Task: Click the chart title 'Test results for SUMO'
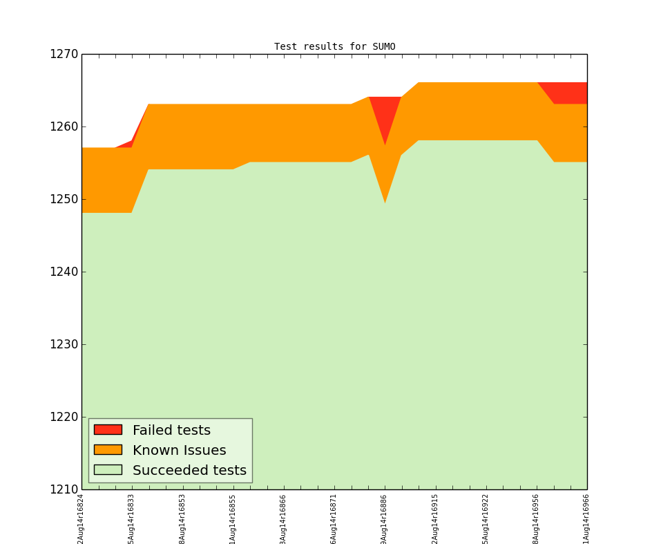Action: [334, 47]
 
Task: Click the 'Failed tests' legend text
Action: [171, 431]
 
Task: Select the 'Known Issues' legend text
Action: [179, 451]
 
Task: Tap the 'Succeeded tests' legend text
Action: [189, 471]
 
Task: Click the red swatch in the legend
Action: [108, 430]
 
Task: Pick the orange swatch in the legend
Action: [108, 450]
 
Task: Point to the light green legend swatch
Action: [108, 470]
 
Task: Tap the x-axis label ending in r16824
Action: [81, 518]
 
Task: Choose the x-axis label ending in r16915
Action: [435, 518]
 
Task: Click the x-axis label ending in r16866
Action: [283, 518]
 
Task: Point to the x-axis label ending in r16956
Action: [536, 518]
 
